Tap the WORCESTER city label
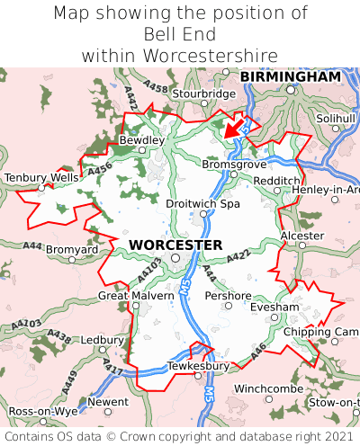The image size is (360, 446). click(x=175, y=245)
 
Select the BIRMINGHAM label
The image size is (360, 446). click(x=291, y=77)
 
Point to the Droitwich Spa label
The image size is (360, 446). click(x=203, y=204)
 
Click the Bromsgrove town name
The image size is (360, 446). click(x=235, y=165)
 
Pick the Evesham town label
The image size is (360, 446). click(x=274, y=307)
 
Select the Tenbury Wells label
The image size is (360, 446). click(x=41, y=178)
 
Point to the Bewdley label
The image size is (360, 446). click(x=142, y=140)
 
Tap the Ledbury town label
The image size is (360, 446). click(x=102, y=341)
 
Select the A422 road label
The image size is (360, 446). click(x=238, y=257)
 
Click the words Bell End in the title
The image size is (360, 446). click(x=180, y=34)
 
